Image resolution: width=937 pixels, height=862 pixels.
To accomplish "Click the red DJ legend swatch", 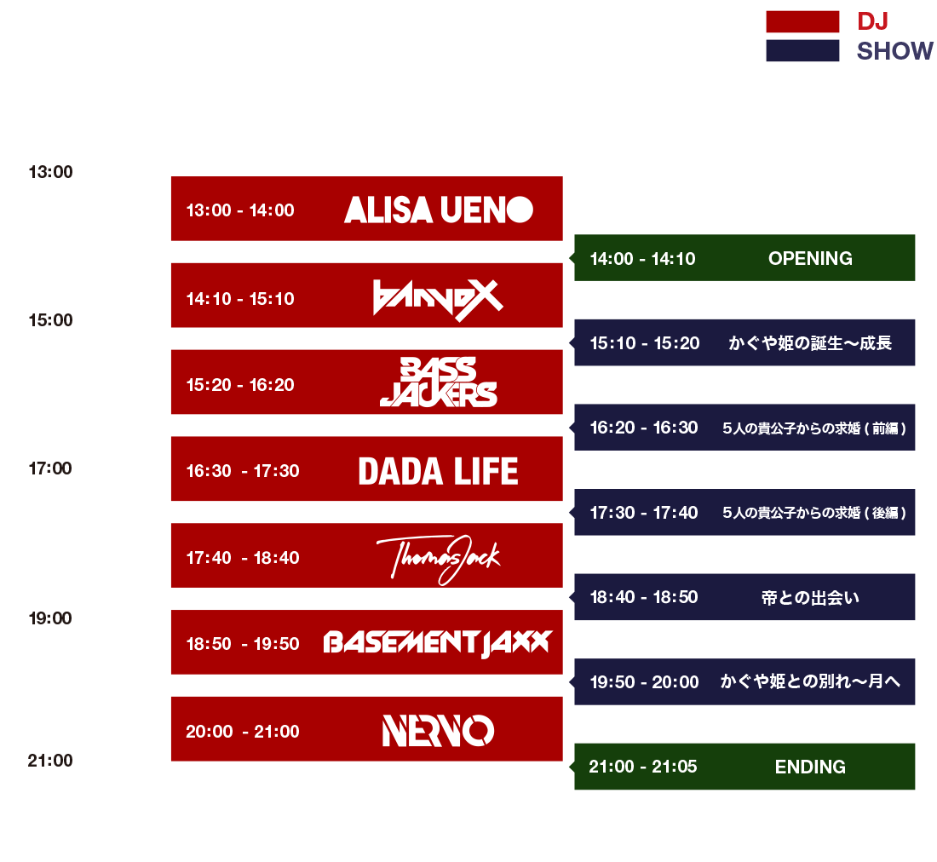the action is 802,21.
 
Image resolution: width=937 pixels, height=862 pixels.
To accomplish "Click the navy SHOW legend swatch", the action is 802,50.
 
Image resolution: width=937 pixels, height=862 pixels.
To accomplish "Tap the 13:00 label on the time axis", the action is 51,172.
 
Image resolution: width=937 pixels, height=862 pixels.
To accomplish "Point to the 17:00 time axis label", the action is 50,468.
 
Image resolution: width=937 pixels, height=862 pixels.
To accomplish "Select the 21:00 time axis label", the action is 50,761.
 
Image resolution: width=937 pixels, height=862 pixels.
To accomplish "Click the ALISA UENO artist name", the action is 438,210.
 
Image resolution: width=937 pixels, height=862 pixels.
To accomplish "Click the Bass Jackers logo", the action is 438,382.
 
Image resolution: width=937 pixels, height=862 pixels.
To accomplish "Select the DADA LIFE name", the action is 438,471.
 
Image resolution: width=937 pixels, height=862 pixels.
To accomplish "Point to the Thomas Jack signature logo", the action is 438,559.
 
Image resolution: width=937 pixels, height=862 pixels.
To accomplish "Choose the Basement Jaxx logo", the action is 438,643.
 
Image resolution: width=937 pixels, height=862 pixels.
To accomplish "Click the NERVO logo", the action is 438,731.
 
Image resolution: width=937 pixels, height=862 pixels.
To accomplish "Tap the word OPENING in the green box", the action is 810,259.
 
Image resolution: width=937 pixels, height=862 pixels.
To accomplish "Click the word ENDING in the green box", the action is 810,767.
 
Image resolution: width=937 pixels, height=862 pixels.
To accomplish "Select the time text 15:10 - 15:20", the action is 645,343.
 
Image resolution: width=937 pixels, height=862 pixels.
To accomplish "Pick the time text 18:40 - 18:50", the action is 644,597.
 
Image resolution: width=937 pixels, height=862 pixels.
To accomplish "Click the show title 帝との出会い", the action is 810,597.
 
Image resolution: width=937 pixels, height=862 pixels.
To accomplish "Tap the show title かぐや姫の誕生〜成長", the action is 810,343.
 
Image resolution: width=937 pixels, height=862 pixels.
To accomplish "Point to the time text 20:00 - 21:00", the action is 243,732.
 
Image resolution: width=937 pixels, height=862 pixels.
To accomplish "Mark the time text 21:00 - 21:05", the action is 643,767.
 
